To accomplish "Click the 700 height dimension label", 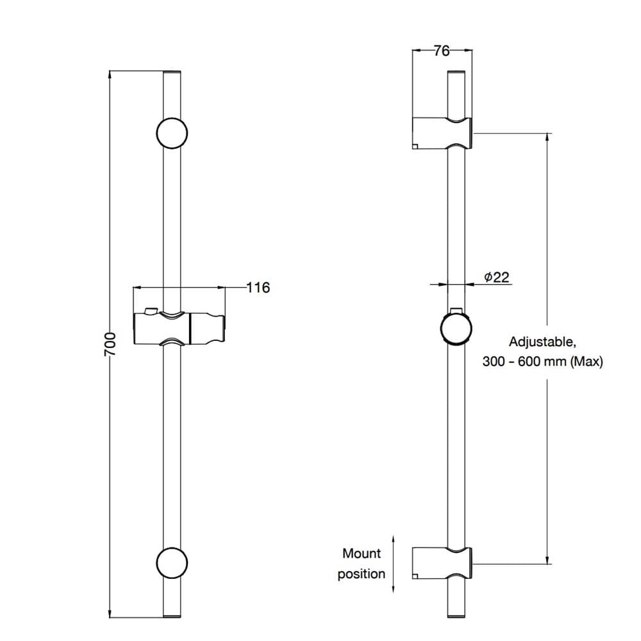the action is [x=110, y=344].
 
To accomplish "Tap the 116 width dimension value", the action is [x=258, y=287].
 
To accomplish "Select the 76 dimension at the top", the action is [x=442, y=51].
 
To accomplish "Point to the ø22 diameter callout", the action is [x=497, y=277].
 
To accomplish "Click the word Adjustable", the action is [x=542, y=342].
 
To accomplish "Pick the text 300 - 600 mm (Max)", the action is [x=542, y=362].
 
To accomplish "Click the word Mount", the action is [x=362, y=554].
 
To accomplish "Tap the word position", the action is [x=362, y=574].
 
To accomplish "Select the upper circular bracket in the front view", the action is [x=172, y=133].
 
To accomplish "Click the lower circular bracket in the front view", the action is [x=172, y=563].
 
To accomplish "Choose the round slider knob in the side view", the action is [x=456, y=329].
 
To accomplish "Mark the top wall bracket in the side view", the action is [x=442, y=133].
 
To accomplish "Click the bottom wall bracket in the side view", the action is [x=442, y=563].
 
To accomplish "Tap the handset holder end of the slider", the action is [x=207, y=329].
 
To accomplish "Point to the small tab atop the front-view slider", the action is [x=150, y=311].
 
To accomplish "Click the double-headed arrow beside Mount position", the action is [x=394, y=563].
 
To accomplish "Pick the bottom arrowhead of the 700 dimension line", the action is [x=110, y=613].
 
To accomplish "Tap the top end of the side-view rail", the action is [x=456, y=72].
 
